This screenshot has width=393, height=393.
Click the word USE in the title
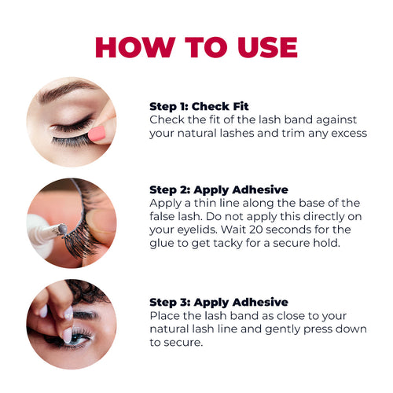(267, 47)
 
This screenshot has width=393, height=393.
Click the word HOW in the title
(135, 47)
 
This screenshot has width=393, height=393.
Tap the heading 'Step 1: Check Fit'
(199, 106)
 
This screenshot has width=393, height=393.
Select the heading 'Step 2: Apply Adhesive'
(219, 190)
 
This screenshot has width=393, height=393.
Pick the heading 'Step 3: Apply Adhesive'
(219, 303)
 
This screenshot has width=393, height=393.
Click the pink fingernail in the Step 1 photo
(97, 134)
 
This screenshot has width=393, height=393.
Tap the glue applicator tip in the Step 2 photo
(63, 229)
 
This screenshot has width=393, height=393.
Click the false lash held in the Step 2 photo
(82, 222)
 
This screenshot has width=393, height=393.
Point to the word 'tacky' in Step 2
(227, 244)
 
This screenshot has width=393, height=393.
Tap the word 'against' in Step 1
(336, 120)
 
